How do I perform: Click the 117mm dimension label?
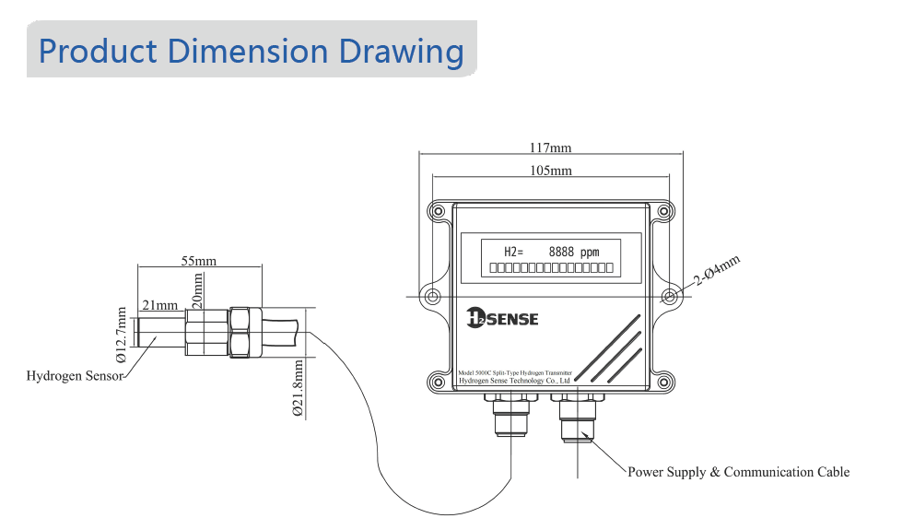click(x=551, y=147)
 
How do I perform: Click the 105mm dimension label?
click(x=551, y=171)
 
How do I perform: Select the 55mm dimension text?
click(x=198, y=261)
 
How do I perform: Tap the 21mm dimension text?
click(x=159, y=305)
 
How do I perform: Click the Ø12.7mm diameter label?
click(x=121, y=334)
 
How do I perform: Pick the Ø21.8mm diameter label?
click(x=298, y=388)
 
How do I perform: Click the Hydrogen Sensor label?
click(x=75, y=376)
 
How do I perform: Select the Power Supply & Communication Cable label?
click(x=738, y=472)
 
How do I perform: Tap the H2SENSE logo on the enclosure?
click(x=502, y=318)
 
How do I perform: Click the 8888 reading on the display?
click(x=562, y=252)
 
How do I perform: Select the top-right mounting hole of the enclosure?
click(x=663, y=211)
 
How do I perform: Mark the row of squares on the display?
click(x=550, y=267)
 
